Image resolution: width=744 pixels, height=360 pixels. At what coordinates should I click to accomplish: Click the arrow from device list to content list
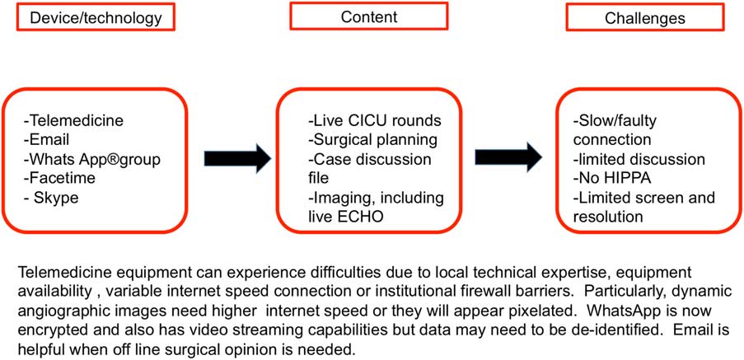237,157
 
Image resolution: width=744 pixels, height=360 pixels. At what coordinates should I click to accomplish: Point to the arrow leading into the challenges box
508,157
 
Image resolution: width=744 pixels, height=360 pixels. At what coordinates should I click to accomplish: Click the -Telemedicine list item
73,120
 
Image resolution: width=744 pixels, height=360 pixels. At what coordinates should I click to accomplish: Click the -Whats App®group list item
91,158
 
